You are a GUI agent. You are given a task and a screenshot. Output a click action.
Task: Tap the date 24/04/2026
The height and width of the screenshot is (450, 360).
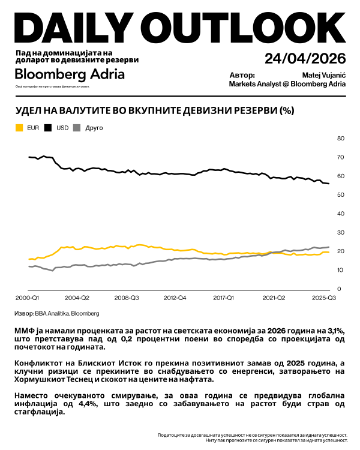point(305,59)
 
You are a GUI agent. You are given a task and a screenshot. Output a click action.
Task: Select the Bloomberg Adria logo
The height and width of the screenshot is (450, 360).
point(70,74)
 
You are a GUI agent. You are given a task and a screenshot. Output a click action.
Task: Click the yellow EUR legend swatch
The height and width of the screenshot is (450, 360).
point(19,128)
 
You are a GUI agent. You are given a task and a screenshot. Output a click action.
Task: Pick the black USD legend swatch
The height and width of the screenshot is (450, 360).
point(47,128)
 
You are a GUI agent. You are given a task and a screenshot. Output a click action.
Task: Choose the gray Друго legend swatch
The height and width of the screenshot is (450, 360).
point(76,128)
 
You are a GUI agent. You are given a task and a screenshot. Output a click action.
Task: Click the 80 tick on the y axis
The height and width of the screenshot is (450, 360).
point(340,139)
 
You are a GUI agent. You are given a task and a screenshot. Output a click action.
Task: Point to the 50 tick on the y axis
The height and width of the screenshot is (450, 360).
point(340,195)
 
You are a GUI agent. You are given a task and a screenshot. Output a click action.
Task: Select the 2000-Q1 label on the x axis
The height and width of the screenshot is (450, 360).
point(26,297)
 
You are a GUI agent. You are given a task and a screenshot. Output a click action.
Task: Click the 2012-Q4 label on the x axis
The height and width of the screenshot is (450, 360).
point(174,297)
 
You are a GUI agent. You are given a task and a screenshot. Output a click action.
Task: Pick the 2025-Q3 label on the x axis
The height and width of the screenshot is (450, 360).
point(322,297)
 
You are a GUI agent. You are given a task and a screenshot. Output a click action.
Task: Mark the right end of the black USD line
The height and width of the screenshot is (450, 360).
point(328,184)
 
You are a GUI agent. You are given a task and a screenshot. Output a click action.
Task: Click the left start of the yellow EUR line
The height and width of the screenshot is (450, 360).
point(29,259)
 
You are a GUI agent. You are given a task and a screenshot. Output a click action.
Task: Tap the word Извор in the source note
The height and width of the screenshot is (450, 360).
point(23,313)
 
